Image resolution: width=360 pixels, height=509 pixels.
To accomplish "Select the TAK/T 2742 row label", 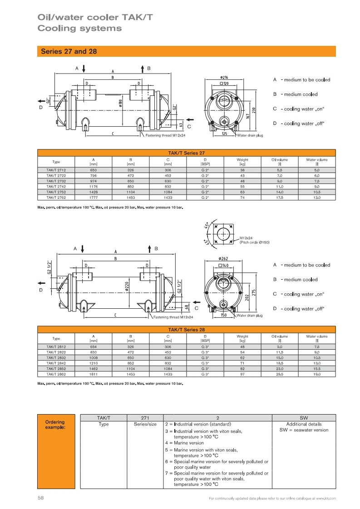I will click(x=56, y=186).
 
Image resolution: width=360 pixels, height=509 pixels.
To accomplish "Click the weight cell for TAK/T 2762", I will click(x=242, y=198).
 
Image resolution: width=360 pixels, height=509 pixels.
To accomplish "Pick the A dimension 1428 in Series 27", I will click(x=93, y=192).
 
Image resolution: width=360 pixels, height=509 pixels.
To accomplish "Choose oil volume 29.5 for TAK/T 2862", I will click(x=280, y=374).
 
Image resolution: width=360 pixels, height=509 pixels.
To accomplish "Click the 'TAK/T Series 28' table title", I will click(x=186, y=329).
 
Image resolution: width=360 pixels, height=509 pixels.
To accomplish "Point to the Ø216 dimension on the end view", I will click(x=223, y=78).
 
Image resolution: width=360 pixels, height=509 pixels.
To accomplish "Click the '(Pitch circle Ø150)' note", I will click(x=254, y=242).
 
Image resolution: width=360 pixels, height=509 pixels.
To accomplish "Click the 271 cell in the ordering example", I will click(x=145, y=417).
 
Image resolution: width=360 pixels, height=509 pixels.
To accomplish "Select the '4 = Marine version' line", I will click(x=184, y=443).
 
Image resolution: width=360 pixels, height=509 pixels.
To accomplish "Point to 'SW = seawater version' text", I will click(x=304, y=430).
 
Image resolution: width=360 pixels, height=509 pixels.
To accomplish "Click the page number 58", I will click(x=40, y=498).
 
